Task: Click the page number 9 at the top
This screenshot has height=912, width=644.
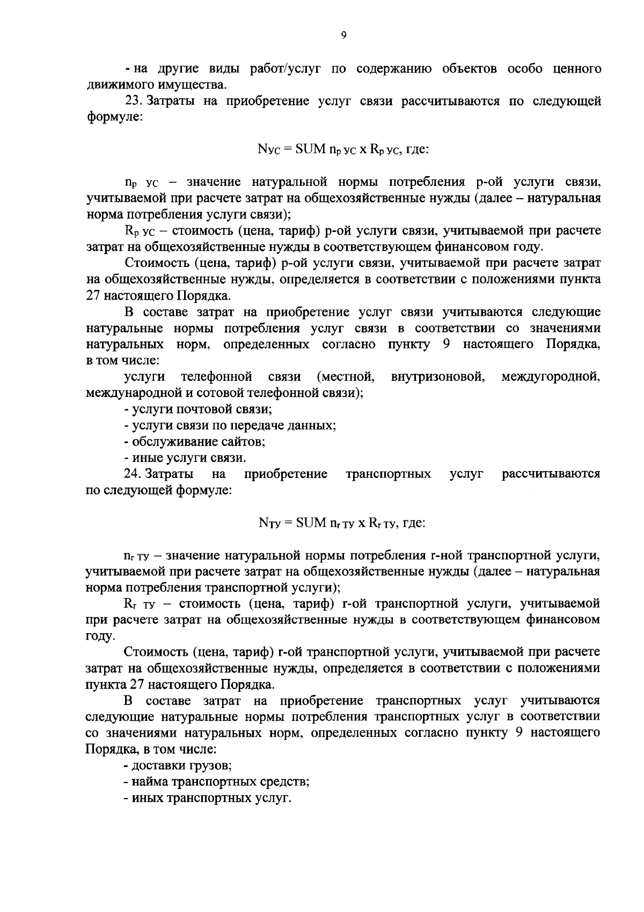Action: tap(343, 35)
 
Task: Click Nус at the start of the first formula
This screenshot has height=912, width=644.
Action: tap(267, 149)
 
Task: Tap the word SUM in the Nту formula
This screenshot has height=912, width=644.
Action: tap(310, 522)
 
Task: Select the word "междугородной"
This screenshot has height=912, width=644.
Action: tap(550, 377)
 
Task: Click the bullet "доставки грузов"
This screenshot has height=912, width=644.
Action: tap(178, 765)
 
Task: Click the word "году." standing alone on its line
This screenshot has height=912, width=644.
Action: tap(100, 636)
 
